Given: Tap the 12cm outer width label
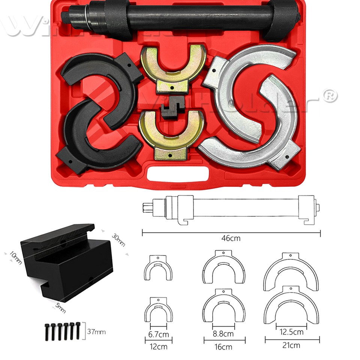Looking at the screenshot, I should point(158,346).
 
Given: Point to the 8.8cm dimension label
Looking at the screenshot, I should point(223,333).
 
